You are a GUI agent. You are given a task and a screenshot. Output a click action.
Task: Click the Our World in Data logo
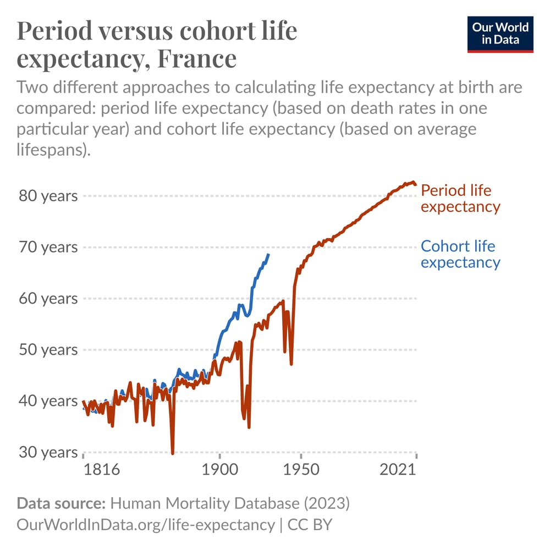pos(500,34)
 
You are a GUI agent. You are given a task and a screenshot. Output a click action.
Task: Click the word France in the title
pos(196,58)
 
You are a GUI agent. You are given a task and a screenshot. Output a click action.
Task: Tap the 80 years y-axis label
pos(48,196)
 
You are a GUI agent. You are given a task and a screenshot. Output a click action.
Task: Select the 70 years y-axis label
pos(48,247)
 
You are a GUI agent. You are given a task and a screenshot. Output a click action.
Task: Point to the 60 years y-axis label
pos(48,299)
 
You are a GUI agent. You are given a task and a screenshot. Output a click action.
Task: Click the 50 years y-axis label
pos(48,350)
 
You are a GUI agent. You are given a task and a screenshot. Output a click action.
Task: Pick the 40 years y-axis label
pos(48,401)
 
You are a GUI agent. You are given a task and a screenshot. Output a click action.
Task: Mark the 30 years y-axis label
pos(48,452)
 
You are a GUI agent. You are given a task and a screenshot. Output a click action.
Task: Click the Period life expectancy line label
pos(460,199)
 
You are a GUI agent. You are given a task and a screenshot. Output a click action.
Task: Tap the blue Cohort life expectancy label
pos(460,254)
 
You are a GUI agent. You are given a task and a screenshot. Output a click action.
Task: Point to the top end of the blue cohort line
pos(268,254)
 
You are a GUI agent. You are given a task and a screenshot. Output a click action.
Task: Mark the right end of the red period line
pos(416,185)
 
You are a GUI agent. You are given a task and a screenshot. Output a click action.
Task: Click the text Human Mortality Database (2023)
pos(230,503)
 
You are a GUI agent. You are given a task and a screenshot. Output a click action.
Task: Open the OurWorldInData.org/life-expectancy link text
pos(145,524)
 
